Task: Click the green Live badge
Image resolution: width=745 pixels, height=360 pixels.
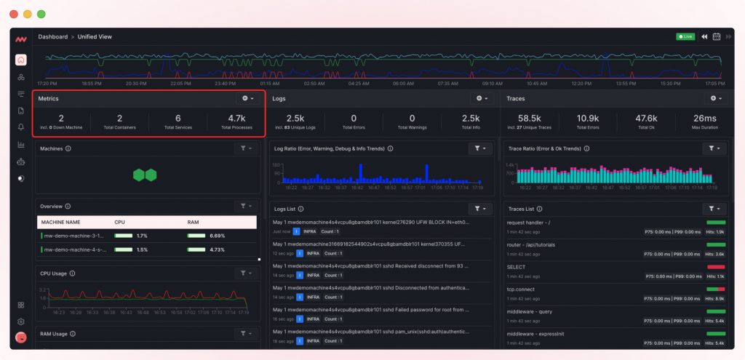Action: (685, 36)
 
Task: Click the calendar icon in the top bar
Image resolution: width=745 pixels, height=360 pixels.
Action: (716, 36)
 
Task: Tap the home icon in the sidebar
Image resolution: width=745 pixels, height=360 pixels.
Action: (21, 60)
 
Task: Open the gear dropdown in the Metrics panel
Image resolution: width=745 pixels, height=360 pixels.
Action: (247, 98)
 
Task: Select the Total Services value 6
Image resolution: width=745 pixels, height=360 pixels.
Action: (178, 119)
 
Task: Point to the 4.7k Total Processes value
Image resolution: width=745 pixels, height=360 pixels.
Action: (236, 119)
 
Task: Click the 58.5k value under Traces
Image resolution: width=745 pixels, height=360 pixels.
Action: (530, 119)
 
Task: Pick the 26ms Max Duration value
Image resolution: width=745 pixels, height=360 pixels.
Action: (704, 119)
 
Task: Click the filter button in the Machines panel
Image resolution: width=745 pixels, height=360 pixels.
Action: (247, 148)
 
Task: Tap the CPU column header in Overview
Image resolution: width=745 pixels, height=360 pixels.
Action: (120, 222)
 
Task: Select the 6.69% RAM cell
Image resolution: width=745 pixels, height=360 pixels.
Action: (217, 236)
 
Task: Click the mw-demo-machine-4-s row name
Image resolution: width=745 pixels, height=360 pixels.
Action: (73, 249)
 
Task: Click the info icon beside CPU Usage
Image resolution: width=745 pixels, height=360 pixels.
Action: (72, 273)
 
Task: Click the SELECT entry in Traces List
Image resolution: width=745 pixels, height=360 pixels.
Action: (516, 267)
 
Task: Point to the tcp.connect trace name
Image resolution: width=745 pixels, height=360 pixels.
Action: (519, 289)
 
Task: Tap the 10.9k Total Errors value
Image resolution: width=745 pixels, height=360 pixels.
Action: (587, 119)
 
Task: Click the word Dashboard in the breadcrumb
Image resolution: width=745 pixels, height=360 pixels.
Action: (53, 36)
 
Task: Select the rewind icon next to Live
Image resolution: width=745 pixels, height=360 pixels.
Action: (704, 36)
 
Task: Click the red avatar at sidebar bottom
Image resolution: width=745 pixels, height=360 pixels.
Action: (21, 337)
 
